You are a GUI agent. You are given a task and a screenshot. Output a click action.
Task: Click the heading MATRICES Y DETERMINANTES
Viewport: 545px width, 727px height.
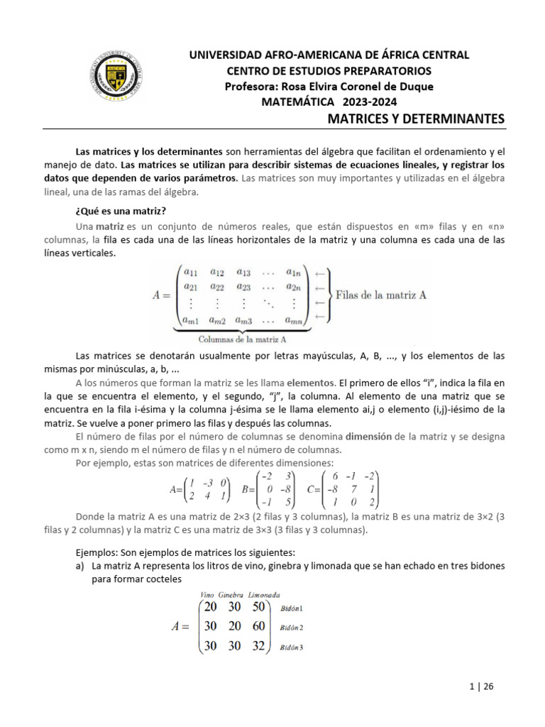coord(415,118)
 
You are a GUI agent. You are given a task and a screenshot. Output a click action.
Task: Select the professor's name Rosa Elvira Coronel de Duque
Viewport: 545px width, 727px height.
coord(329,86)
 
